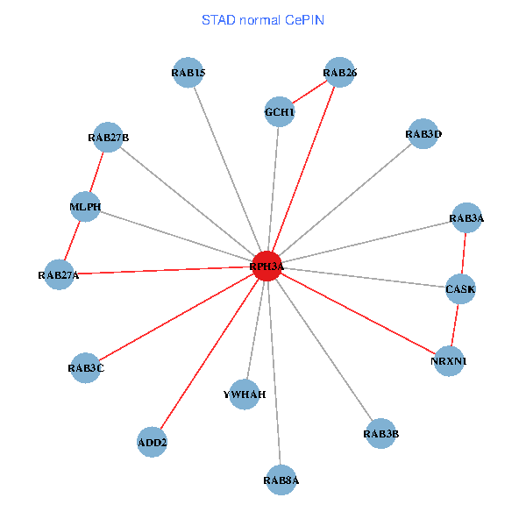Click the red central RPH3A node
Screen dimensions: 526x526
point(267,266)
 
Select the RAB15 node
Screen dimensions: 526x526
point(188,73)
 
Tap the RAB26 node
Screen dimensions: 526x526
point(339,73)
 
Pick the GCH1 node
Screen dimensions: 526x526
point(280,112)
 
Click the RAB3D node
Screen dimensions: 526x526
point(423,134)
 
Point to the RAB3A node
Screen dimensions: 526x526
point(466,218)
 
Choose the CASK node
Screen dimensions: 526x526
point(460,288)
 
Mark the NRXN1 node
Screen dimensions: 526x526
point(449,360)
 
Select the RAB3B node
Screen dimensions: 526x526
point(380,433)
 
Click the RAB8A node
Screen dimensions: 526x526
point(281,480)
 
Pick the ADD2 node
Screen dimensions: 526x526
point(153,442)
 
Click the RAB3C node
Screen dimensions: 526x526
point(86,368)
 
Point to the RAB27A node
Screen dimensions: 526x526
point(59,275)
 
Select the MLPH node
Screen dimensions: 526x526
point(85,207)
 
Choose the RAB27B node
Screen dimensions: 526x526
point(108,137)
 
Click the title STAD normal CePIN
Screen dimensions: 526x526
point(263,19)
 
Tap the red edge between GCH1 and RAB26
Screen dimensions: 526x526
point(309,92)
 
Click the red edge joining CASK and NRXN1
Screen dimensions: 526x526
point(455,324)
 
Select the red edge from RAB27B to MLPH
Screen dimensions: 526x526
point(96,172)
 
